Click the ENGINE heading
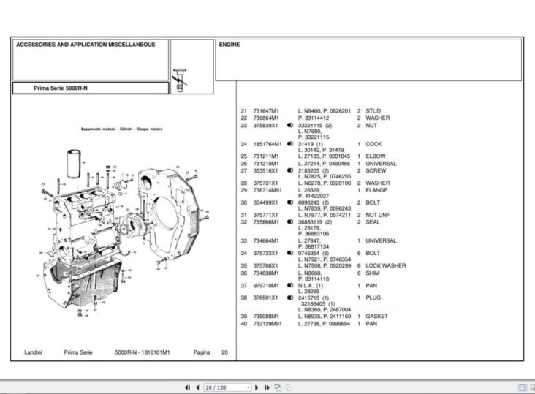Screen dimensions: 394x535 click(x=229, y=45)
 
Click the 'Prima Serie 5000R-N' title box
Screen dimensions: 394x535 click(x=61, y=88)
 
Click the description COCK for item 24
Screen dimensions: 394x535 click(x=373, y=144)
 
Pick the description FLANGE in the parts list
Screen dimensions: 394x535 click(x=376, y=189)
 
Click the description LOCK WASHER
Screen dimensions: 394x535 click(x=385, y=265)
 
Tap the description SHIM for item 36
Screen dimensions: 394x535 click(x=373, y=272)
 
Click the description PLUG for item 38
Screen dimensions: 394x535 click(x=373, y=298)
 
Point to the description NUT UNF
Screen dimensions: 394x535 click(x=379, y=215)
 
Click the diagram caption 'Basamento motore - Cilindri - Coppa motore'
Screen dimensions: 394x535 click(x=121, y=129)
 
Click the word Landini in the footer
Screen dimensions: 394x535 click(x=31, y=352)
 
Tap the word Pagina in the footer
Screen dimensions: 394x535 click(x=202, y=352)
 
